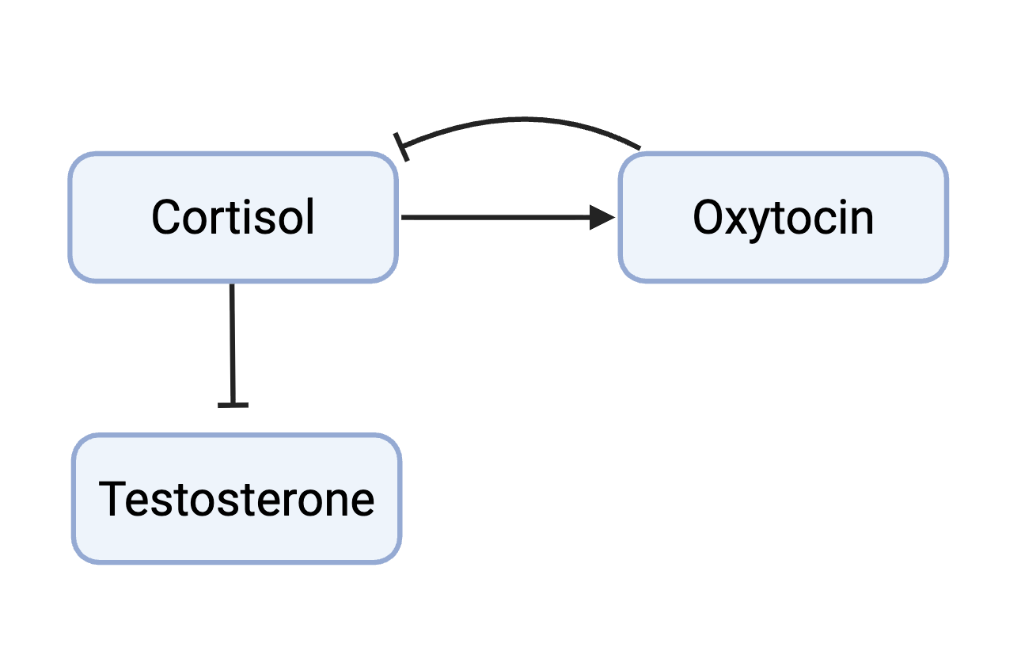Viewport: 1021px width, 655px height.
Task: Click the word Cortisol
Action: (x=233, y=217)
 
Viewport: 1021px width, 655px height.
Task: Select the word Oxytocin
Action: (x=783, y=220)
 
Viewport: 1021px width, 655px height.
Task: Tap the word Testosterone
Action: (x=237, y=499)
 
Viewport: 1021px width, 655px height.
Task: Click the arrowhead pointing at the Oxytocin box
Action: (x=602, y=218)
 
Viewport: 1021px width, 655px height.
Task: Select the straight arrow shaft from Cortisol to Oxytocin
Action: (x=495, y=218)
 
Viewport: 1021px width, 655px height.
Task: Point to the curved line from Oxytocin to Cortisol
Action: (x=522, y=120)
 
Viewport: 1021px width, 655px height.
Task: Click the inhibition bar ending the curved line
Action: (x=401, y=147)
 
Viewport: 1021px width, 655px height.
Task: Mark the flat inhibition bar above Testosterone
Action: (x=233, y=405)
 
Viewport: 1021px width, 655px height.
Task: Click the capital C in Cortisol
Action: (x=165, y=217)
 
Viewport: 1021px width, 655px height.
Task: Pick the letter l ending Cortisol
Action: (x=311, y=216)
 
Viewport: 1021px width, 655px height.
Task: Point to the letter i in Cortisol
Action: (x=247, y=217)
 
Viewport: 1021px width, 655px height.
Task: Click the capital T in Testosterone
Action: (x=112, y=499)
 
